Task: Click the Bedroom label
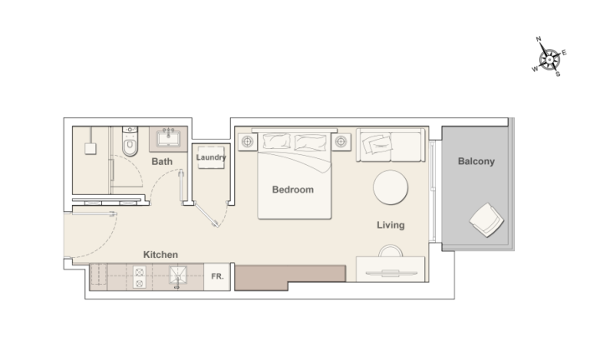(x=293, y=189)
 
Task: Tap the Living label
(x=390, y=224)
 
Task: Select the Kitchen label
(x=160, y=255)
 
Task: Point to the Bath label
(x=162, y=161)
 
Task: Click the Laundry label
(x=211, y=157)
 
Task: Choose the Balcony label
(x=475, y=162)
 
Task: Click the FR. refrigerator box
(x=217, y=276)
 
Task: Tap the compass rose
(x=550, y=59)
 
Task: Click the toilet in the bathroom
(x=129, y=145)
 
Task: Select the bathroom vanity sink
(x=167, y=138)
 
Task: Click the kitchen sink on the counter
(x=177, y=275)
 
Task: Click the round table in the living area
(x=389, y=188)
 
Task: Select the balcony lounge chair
(x=486, y=222)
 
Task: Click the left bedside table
(x=247, y=142)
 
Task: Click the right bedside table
(x=342, y=142)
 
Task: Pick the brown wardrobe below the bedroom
(x=289, y=277)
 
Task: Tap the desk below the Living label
(x=391, y=270)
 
